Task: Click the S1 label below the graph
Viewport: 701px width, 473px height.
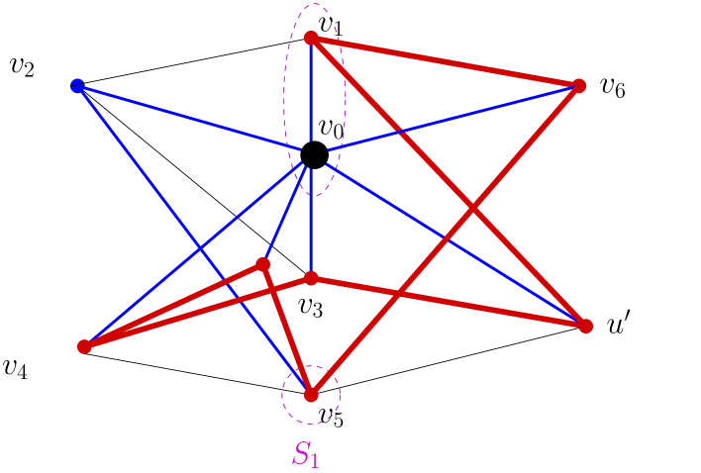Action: pyautogui.click(x=306, y=454)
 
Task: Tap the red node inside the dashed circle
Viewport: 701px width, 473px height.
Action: pyautogui.click(x=311, y=395)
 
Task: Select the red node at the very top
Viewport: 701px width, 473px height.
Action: pyautogui.click(x=311, y=38)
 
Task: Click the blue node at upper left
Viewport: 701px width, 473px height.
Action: pyautogui.click(x=77, y=85)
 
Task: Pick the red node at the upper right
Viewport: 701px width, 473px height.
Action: pyautogui.click(x=579, y=86)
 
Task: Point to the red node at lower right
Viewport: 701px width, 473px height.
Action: pyautogui.click(x=585, y=326)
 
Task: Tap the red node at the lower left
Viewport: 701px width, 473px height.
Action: pyautogui.click(x=84, y=346)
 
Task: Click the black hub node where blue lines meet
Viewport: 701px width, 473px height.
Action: pyautogui.click(x=312, y=153)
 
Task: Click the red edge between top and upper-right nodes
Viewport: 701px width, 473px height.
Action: pyautogui.click(x=446, y=61)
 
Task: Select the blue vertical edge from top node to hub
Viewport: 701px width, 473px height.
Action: pyautogui.click(x=311, y=94)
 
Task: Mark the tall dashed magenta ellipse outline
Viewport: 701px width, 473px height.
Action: pyautogui.click(x=285, y=99)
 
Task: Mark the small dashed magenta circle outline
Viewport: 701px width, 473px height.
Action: pyautogui.click(x=282, y=396)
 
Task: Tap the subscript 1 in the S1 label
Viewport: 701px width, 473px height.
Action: pyautogui.click(x=314, y=460)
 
